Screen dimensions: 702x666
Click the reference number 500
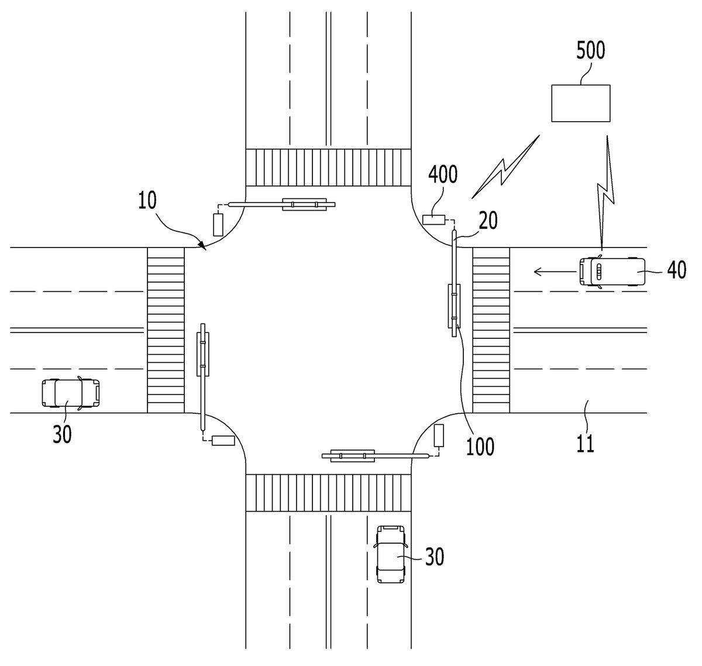(x=590, y=51)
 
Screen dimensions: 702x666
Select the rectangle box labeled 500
(x=580, y=103)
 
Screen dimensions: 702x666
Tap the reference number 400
(x=443, y=175)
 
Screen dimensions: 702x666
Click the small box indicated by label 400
(x=433, y=219)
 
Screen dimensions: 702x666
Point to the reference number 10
(x=147, y=200)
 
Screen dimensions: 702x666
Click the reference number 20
(x=488, y=221)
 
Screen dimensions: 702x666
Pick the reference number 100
(x=480, y=447)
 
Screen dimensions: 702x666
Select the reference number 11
(x=585, y=444)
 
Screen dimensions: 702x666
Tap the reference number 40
(x=676, y=270)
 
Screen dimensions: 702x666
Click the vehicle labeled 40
(x=612, y=272)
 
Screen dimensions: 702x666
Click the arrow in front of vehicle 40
(x=555, y=272)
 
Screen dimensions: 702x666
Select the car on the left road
(x=71, y=393)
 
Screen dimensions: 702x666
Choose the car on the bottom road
(x=391, y=554)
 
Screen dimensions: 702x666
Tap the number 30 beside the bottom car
(x=434, y=557)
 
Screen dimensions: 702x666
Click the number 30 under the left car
(x=62, y=434)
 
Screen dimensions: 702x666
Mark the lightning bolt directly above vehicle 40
(x=606, y=193)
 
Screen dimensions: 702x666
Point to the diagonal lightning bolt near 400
(x=505, y=167)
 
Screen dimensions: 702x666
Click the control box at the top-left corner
(x=218, y=225)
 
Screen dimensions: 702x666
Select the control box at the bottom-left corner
(x=223, y=441)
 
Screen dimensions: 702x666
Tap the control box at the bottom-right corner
(x=439, y=435)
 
